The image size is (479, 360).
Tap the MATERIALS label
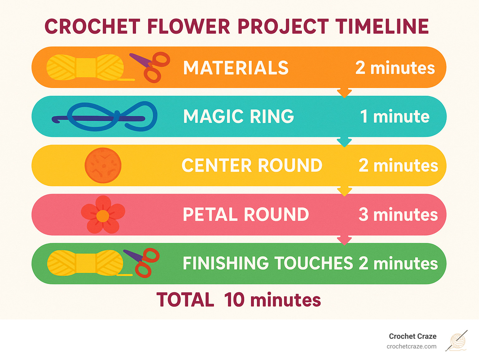[x=236, y=68]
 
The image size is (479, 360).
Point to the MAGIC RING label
[x=239, y=116]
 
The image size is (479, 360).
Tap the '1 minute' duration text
[x=395, y=116]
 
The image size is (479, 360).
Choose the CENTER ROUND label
[x=252, y=165]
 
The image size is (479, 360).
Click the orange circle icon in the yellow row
[x=103, y=165]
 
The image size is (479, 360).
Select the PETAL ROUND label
[x=246, y=214]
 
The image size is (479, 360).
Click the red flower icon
[x=103, y=215]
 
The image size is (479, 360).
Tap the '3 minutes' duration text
[x=398, y=214]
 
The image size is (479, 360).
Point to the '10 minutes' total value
[x=272, y=300]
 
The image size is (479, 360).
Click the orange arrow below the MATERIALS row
[x=344, y=93]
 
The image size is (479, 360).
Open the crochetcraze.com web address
[x=411, y=346]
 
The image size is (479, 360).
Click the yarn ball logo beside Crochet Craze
[x=457, y=341]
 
